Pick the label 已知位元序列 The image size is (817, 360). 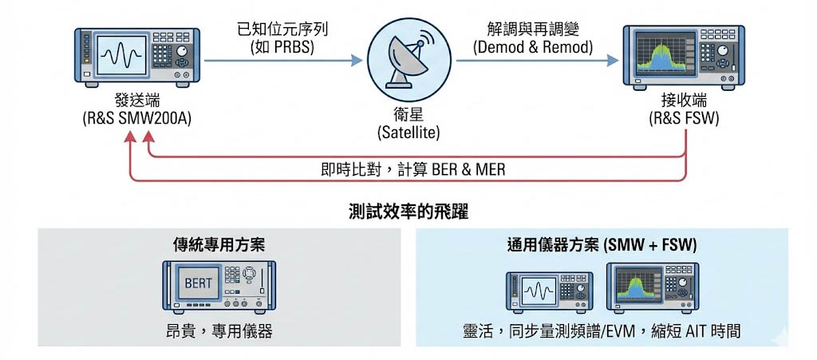tap(282, 30)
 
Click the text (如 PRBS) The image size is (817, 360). tap(282, 47)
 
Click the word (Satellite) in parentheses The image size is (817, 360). tap(408, 132)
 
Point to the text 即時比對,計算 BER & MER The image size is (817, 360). tap(408, 169)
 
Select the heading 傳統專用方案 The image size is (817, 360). tap(219, 245)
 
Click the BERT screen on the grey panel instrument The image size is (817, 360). tap(197, 283)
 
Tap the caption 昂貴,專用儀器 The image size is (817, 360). tap(219, 330)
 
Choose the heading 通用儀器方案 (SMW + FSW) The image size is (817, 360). tap(602, 245)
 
